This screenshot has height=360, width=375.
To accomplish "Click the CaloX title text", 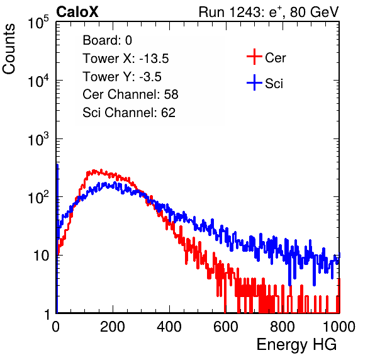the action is pyautogui.click(x=77, y=12).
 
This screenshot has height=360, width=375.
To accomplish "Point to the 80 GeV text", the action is pyautogui.click(x=314, y=12).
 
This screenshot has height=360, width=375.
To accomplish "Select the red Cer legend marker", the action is pyautogui.click(x=254, y=57).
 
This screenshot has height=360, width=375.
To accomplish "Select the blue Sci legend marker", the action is pyautogui.click(x=254, y=83).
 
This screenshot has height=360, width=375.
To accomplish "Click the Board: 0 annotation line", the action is pyautogui.click(x=107, y=40).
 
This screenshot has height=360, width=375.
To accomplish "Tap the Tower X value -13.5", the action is pyautogui.click(x=154, y=59).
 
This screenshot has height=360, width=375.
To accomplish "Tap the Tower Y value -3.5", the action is pyautogui.click(x=150, y=77).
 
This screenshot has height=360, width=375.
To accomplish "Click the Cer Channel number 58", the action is pyautogui.click(x=171, y=94).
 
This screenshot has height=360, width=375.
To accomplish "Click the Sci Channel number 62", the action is pyautogui.click(x=168, y=113).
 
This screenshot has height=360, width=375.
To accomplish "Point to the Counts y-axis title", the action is pyautogui.click(x=9, y=49).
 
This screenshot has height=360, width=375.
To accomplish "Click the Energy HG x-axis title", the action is pyautogui.click(x=296, y=345).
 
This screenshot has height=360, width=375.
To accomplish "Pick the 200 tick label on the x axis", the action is pyautogui.click(x=113, y=327).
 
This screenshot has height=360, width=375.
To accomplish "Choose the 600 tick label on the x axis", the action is pyautogui.click(x=226, y=327).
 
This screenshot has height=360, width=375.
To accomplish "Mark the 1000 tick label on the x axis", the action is pyautogui.click(x=339, y=327).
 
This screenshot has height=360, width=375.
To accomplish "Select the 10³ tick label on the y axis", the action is pyautogui.click(x=38, y=139).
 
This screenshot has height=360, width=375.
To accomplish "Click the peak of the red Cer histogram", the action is pyautogui.click(x=94, y=171).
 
